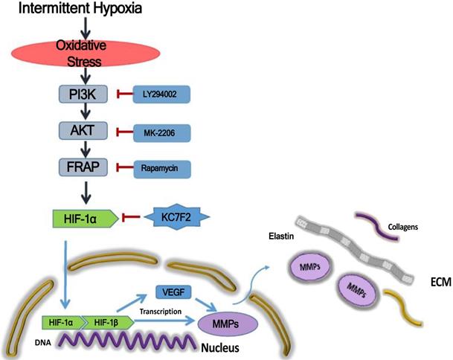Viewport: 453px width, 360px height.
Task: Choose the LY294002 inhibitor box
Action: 161,94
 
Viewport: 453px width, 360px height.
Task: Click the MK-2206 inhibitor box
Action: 161,132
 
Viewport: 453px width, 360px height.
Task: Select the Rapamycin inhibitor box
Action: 161,168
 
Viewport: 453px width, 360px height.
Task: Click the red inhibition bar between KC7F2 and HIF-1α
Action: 135,217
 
